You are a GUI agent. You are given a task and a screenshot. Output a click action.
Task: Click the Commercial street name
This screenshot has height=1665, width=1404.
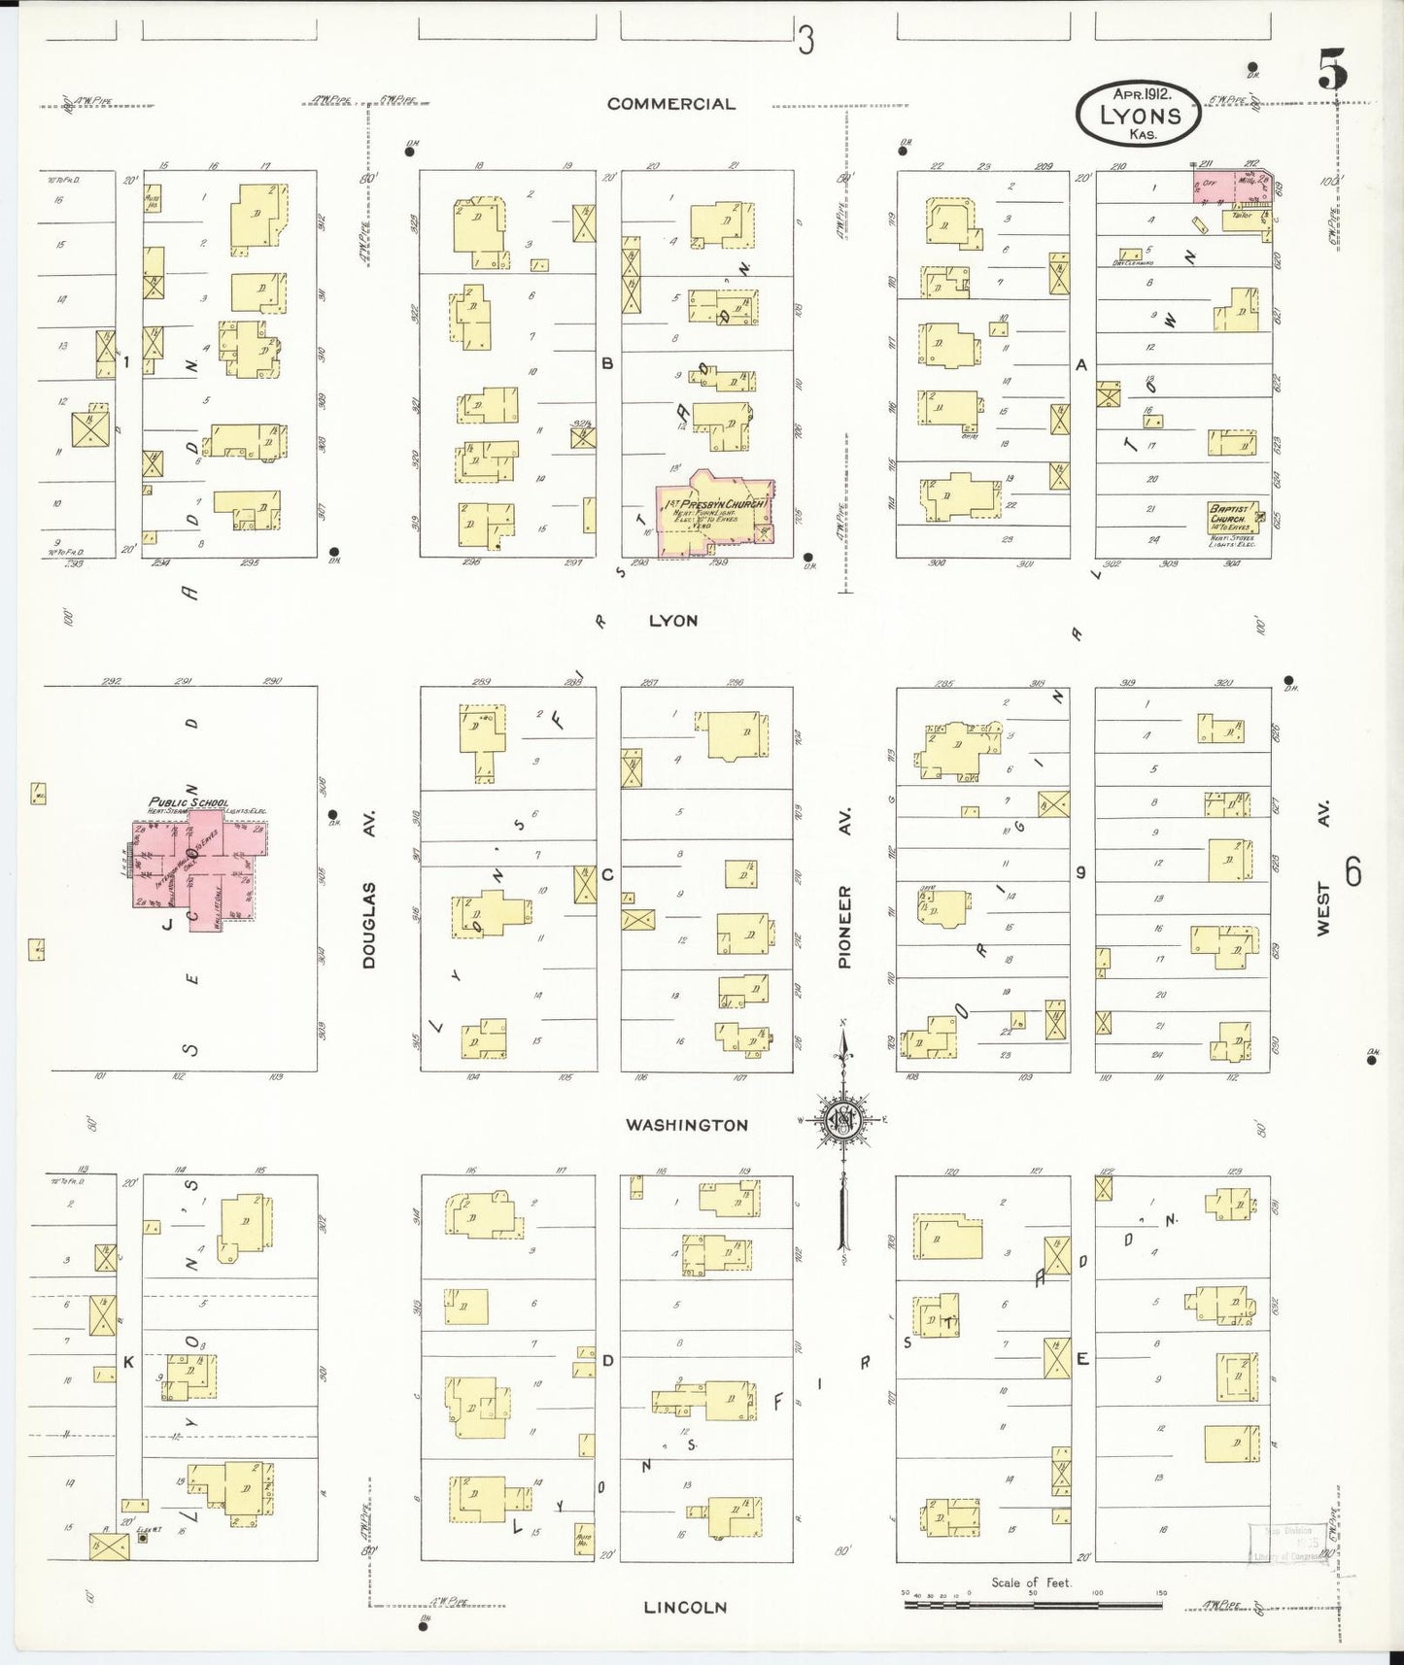(x=670, y=104)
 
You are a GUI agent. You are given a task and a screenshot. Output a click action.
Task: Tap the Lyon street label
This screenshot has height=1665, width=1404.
(x=672, y=620)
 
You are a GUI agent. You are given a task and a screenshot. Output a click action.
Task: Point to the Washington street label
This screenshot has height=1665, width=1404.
(x=686, y=1125)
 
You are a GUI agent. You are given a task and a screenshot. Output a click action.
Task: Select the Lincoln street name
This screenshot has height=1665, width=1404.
(x=685, y=1608)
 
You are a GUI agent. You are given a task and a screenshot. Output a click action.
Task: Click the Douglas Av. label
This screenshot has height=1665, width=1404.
(x=368, y=911)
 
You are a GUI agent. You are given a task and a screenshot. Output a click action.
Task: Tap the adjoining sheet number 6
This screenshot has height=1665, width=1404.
(x=1353, y=872)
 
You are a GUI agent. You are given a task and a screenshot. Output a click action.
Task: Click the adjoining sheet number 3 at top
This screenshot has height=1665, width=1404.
(x=805, y=41)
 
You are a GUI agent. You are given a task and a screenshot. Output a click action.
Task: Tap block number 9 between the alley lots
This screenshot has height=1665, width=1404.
(x=1080, y=872)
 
